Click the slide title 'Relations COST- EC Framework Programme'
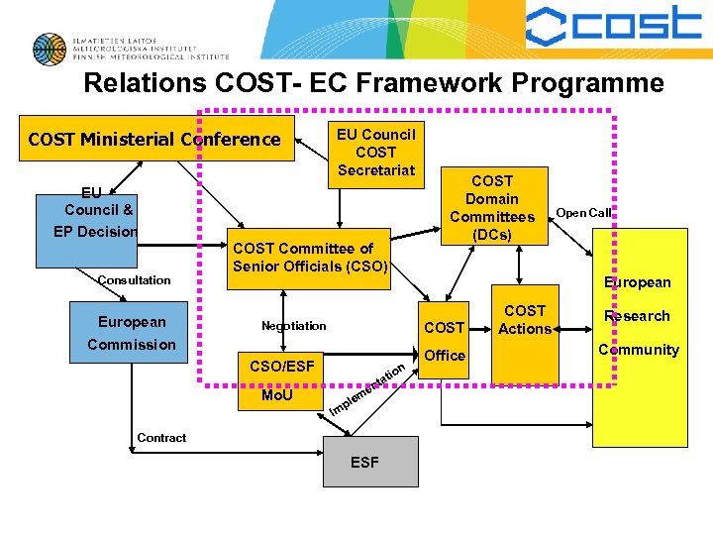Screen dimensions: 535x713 coord(373,83)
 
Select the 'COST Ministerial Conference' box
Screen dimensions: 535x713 coord(154,140)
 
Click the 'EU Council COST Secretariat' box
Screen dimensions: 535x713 coord(375,152)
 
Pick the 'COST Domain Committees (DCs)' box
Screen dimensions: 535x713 coord(492,207)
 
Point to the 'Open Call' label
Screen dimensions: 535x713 coord(583,213)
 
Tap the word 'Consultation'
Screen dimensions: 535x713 coord(134,280)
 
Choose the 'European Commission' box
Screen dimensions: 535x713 coord(132,333)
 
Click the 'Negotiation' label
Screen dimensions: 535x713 coord(293,326)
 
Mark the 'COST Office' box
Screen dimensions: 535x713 coord(444,341)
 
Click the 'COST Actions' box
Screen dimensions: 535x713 coord(524,320)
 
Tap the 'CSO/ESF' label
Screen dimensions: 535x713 coord(281,367)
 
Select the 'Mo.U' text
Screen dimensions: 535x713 coord(276,396)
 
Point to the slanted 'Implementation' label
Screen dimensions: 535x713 coord(366,388)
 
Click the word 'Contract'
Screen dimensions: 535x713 coord(161,438)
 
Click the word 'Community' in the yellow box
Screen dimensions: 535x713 coord(639,350)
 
